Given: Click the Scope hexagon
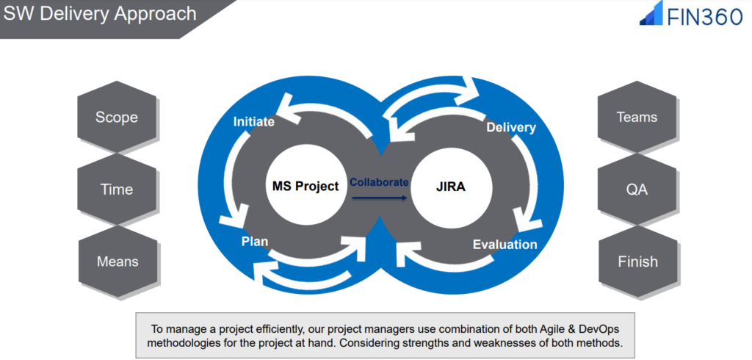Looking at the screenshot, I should [x=117, y=118].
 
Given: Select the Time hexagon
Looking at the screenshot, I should [x=117, y=190].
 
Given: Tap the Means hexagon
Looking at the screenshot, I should [x=117, y=262].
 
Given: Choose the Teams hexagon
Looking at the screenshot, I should [x=637, y=118].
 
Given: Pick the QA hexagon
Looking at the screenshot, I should [x=637, y=190].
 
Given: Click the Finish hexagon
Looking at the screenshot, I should [x=637, y=262].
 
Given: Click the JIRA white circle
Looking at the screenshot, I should [x=449, y=186].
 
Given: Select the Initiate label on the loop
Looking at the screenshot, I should [x=253, y=122].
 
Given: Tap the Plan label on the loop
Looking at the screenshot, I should [x=255, y=240].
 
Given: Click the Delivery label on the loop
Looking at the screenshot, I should [x=511, y=128].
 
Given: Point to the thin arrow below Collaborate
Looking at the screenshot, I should [x=379, y=198].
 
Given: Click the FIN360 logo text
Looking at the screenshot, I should [x=704, y=16].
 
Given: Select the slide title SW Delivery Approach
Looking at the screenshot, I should [x=101, y=14].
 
